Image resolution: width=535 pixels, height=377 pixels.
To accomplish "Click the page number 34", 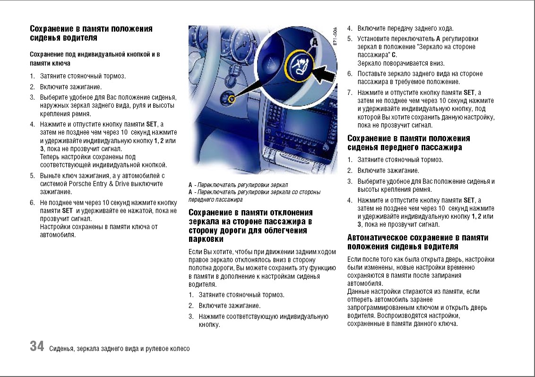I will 37,346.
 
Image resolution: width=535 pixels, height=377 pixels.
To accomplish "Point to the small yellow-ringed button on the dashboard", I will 231,99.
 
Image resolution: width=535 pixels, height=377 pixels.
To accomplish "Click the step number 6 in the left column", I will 32,203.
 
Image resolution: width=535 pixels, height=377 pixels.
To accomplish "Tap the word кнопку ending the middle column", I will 209,325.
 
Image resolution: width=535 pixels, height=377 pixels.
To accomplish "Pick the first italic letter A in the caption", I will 190,185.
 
